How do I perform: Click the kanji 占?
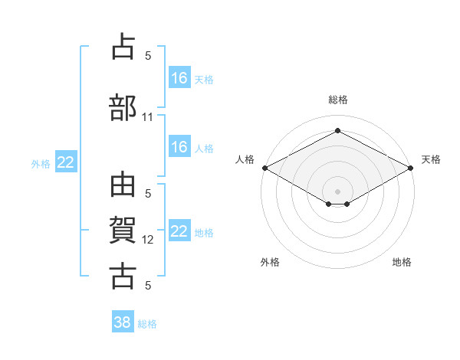[x=123, y=46]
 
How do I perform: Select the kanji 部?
[x=123, y=107]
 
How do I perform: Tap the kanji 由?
[x=123, y=185]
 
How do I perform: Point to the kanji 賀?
[x=123, y=230]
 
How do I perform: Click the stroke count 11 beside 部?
[x=147, y=117]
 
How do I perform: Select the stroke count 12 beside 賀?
[x=147, y=240]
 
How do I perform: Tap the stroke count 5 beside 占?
[x=148, y=56]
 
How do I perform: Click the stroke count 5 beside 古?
[x=148, y=285]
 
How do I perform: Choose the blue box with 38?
[x=123, y=321]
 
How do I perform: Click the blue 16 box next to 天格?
[x=180, y=77]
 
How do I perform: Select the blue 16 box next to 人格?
[x=180, y=146]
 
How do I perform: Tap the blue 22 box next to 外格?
[x=66, y=162]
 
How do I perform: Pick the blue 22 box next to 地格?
[x=180, y=230]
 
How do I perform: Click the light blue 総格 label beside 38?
[x=147, y=324]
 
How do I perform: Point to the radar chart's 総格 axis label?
[x=338, y=100]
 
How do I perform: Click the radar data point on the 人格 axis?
[x=265, y=168]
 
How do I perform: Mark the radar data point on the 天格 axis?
[x=411, y=168]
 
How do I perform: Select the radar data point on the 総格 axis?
[x=338, y=130]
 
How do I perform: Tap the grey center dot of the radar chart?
[x=337, y=191]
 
